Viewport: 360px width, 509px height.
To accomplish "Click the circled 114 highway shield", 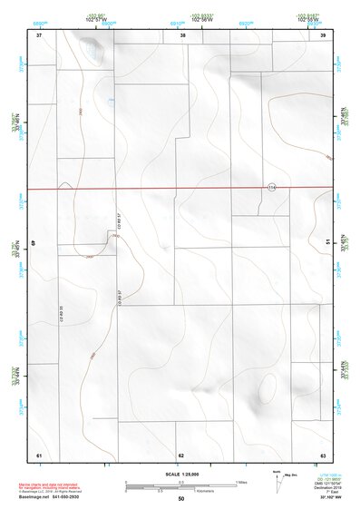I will coord(271,186).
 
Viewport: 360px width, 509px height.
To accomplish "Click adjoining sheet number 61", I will coord(39,454).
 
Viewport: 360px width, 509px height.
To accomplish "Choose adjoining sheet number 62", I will coord(181,454).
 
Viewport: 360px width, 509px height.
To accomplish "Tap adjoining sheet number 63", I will coord(323,454).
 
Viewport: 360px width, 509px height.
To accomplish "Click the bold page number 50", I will coord(181,499).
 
